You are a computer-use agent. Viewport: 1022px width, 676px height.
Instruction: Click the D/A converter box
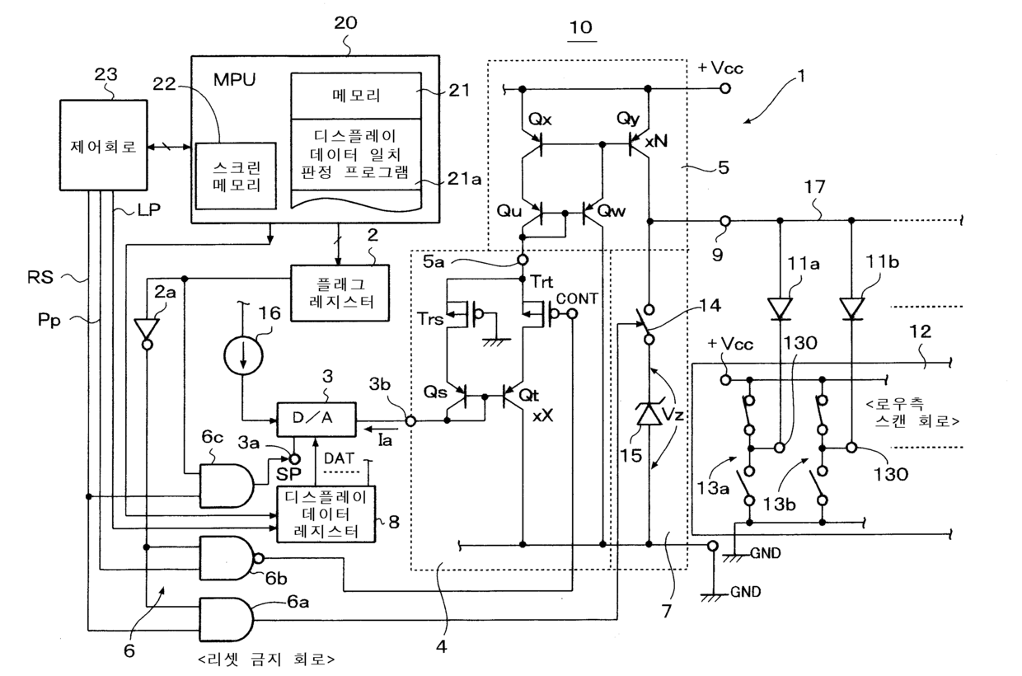click(x=316, y=419)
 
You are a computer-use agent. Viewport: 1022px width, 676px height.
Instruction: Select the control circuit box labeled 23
click(x=104, y=145)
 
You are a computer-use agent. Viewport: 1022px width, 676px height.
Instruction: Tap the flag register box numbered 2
click(x=340, y=293)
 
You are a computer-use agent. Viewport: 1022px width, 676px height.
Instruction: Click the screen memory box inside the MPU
click(x=236, y=176)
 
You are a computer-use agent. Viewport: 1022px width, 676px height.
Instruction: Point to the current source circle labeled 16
click(x=243, y=356)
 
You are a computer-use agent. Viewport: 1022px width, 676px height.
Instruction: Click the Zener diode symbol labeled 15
click(x=649, y=414)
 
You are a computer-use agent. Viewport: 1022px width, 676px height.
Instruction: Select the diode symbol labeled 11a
click(x=780, y=309)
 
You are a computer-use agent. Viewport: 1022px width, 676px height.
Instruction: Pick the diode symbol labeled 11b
click(x=851, y=309)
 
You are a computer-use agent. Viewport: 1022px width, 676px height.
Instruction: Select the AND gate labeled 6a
click(x=227, y=619)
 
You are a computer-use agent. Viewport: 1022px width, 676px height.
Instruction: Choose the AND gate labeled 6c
click(x=227, y=486)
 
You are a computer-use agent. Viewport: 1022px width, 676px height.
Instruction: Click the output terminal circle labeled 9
click(x=725, y=222)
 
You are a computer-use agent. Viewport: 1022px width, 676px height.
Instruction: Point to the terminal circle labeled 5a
click(x=523, y=261)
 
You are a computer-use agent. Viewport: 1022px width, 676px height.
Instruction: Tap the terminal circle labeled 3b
click(x=410, y=420)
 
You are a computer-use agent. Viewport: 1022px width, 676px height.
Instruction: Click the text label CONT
click(x=577, y=298)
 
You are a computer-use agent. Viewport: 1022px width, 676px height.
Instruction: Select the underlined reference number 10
click(x=581, y=27)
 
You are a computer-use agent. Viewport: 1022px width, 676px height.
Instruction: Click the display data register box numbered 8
click(x=326, y=514)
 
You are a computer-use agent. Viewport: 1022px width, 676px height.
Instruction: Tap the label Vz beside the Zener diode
click(x=673, y=415)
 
